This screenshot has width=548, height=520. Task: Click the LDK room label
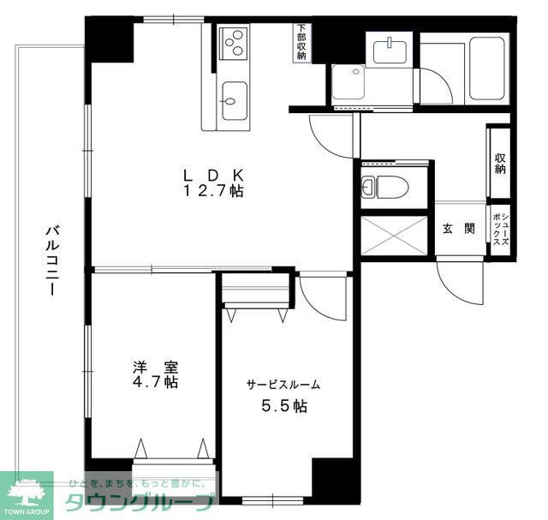coord(212,176)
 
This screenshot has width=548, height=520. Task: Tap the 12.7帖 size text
coord(212,192)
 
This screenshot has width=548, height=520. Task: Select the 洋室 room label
coord(155,367)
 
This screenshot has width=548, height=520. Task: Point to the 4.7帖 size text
coord(155,382)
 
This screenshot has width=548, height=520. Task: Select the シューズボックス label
coord(500,230)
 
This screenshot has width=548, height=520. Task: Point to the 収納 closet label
coord(499,163)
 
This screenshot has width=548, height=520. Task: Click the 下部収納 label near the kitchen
coord(301,42)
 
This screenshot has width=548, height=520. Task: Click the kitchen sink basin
coord(233,100)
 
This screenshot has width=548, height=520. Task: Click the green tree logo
coord(26,493)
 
